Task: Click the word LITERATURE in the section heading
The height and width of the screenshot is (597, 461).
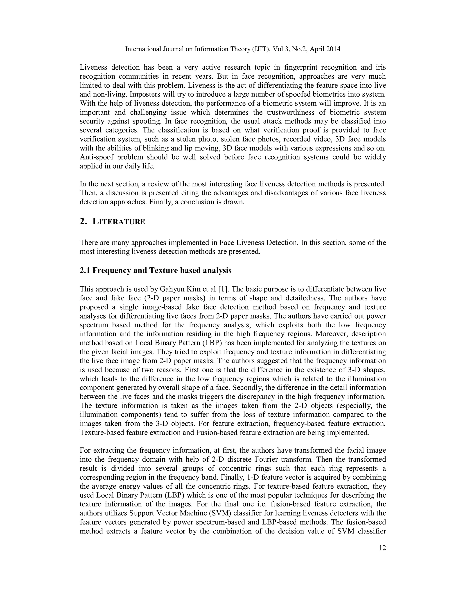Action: [x=119, y=222]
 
